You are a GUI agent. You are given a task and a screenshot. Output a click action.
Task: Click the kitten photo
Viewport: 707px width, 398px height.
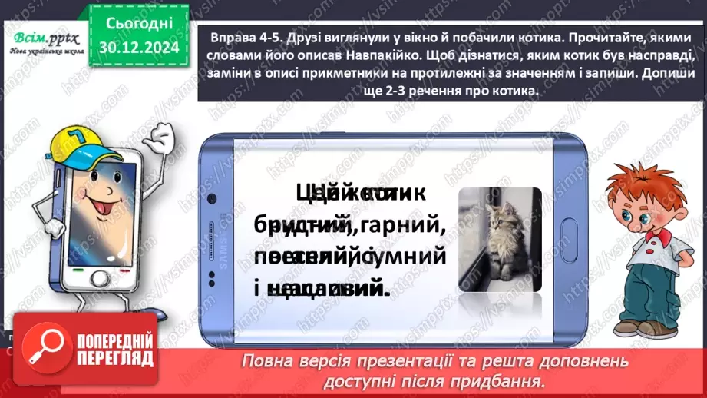[500, 240]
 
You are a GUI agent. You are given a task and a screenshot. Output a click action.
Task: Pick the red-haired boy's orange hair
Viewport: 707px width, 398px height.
[649, 184]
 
